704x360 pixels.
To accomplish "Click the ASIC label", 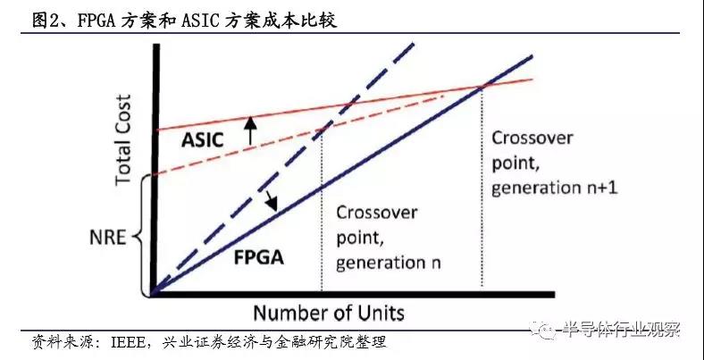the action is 202,140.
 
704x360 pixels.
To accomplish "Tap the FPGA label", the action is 259,257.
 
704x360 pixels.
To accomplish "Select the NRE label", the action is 107,238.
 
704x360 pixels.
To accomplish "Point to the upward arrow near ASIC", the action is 250,130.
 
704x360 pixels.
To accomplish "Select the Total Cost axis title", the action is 122,139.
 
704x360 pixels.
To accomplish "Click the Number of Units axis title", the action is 329,313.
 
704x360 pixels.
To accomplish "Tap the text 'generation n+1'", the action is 555,188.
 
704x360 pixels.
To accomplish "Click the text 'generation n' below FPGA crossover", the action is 388,262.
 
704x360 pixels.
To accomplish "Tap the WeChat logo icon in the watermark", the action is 541,330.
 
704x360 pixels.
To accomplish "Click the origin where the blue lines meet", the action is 154,294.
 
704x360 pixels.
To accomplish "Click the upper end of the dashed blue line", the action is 413,43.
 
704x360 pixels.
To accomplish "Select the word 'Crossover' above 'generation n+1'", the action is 532,138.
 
